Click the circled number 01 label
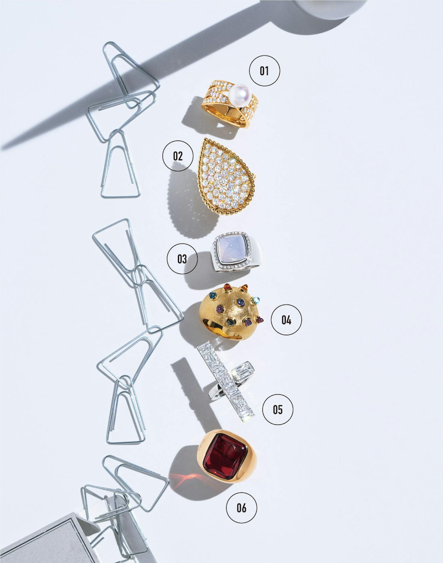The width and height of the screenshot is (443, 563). (264, 71)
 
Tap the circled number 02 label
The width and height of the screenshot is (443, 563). (177, 156)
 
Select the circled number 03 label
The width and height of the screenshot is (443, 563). (182, 258)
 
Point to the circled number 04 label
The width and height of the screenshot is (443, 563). (286, 320)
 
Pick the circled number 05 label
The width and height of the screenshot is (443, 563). (277, 409)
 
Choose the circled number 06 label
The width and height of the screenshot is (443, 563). (241, 507)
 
